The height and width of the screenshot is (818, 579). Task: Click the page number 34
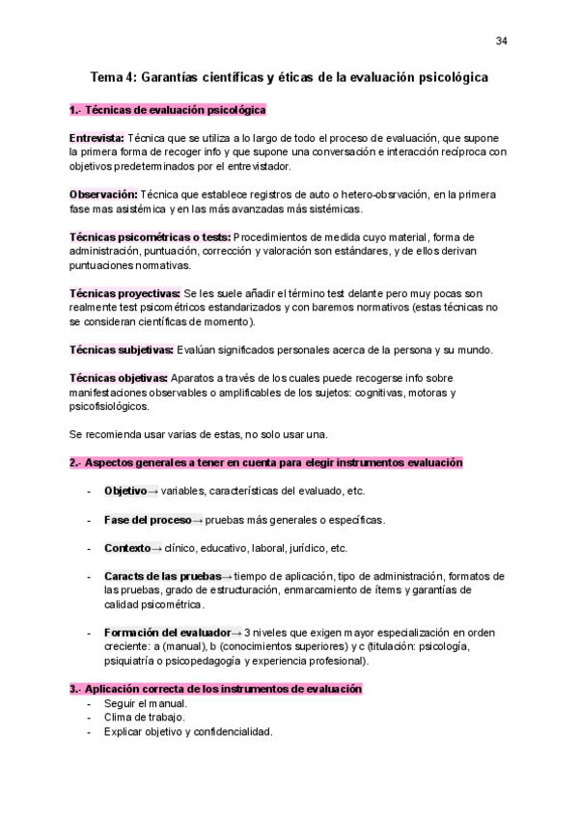tap(501, 41)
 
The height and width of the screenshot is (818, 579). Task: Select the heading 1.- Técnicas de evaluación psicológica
tap(168, 110)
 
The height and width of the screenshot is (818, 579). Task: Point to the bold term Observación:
tap(103, 194)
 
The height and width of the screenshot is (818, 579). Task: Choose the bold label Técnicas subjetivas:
tap(122, 348)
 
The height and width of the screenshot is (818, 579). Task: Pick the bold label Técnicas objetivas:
tap(119, 377)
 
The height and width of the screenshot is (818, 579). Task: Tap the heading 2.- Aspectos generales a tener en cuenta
tap(265, 462)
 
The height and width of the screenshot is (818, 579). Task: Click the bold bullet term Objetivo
tap(124, 491)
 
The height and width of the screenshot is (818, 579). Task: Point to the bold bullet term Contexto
tap(127, 548)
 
